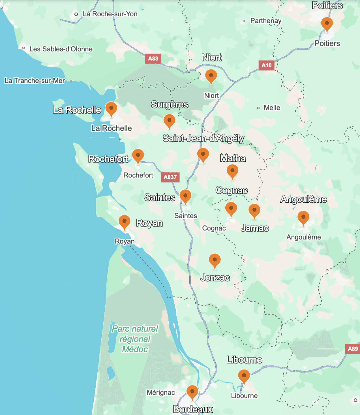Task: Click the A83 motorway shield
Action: tap(153, 59)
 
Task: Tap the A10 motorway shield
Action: tap(267, 65)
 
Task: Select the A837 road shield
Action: tap(170, 177)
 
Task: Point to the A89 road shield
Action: tap(353, 349)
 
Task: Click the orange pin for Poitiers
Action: tap(327, 24)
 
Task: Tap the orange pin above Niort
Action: tap(211, 76)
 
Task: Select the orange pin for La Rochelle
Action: tap(111, 109)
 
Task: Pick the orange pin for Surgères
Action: tap(169, 121)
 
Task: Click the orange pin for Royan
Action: tap(124, 222)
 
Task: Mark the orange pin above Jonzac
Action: tap(215, 260)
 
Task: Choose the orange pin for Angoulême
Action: tap(303, 218)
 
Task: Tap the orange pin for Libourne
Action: tap(244, 376)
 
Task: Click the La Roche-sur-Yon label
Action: tap(110, 14)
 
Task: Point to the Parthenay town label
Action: tap(266, 21)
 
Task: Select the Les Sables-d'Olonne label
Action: tap(61, 49)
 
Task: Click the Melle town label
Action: tap(272, 108)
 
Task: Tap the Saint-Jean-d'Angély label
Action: tap(203, 138)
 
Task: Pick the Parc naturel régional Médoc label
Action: tap(135, 339)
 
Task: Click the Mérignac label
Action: tap(160, 392)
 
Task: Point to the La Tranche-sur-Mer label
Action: tap(35, 81)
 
